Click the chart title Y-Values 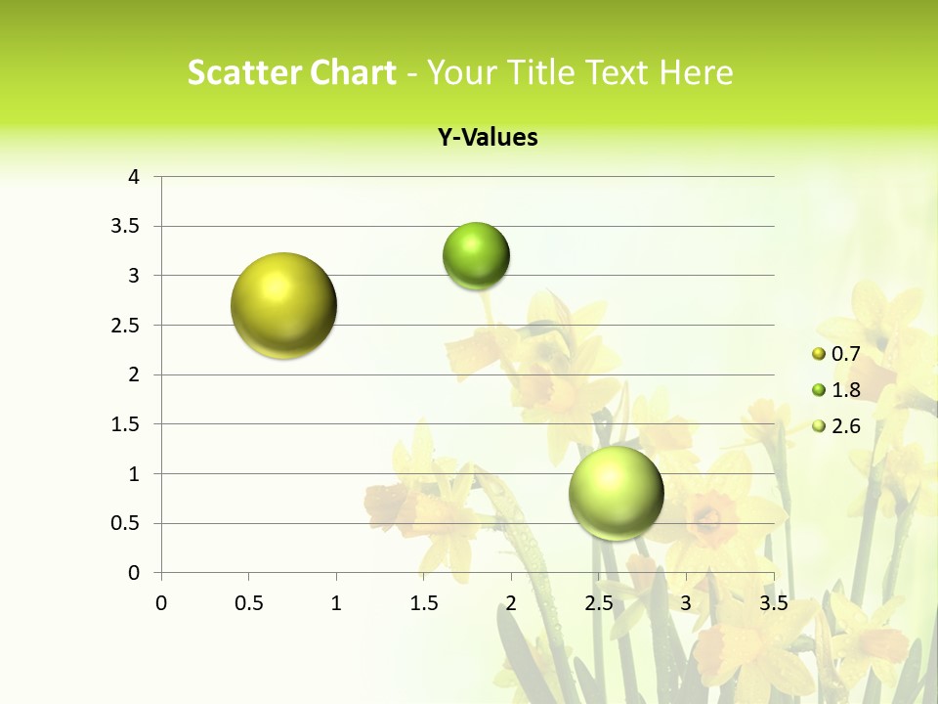488,138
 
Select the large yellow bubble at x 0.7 284,305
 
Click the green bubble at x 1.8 476,256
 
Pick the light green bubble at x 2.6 617,493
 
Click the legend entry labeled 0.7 835,354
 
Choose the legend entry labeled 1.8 835,390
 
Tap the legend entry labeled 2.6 835,426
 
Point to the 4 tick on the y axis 134,177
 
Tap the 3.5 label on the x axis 773,603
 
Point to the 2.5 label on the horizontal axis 598,603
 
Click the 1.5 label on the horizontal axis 423,603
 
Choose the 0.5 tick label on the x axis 248,603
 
